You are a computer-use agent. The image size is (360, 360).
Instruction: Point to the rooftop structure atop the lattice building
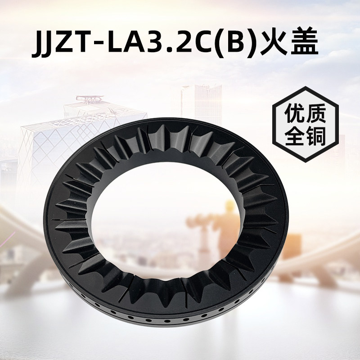[x=88, y=99]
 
